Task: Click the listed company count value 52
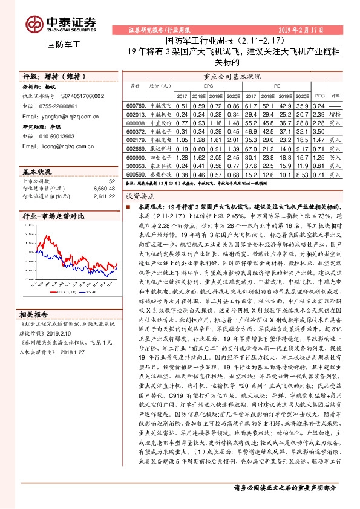[111, 181]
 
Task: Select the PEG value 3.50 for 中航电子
[320, 131]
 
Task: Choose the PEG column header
[321, 96]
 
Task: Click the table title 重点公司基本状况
[232, 77]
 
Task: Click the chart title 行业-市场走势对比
[53, 215]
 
